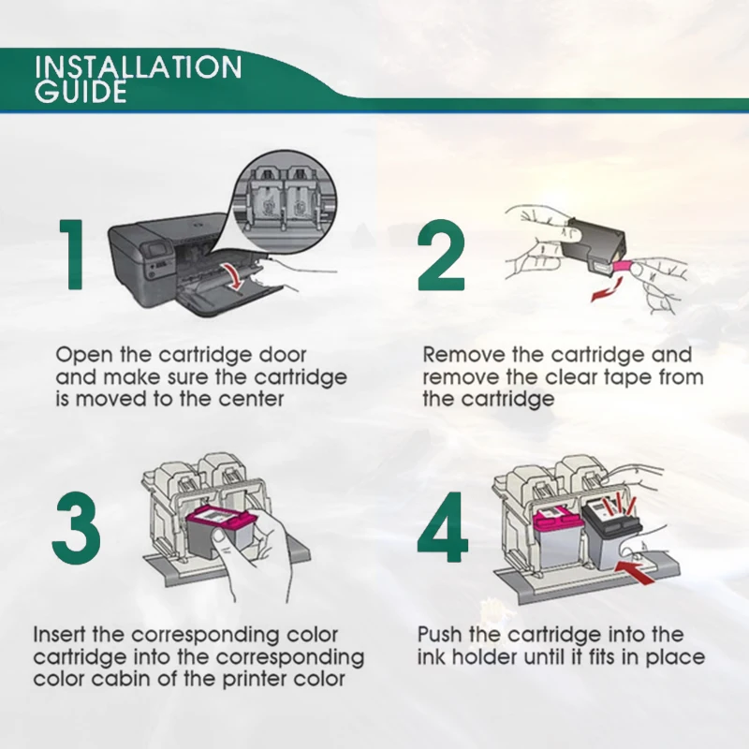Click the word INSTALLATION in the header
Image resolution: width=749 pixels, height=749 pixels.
pyautogui.click(x=138, y=67)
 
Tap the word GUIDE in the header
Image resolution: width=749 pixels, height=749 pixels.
pyautogui.click(x=81, y=92)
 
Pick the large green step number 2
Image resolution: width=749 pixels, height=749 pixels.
pyautogui.click(x=441, y=256)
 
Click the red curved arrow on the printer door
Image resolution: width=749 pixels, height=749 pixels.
pyautogui.click(x=235, y=276)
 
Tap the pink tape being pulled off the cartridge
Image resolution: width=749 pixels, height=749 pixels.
pyautogui.click(x=623, y=266)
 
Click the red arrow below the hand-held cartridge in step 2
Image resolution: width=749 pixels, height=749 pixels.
pyautogui.click(x=606, y=289)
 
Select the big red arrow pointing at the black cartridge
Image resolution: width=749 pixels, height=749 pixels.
pyautogui.click(x=635, y=572)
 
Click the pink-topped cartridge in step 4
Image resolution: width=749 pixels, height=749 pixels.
pyautogui.click(x=557, y=536)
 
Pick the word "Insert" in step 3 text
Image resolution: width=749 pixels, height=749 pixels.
pyautogui.click(x=60, y=635)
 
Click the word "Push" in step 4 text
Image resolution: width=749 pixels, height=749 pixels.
pyautogui.click(x=440, y=635)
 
